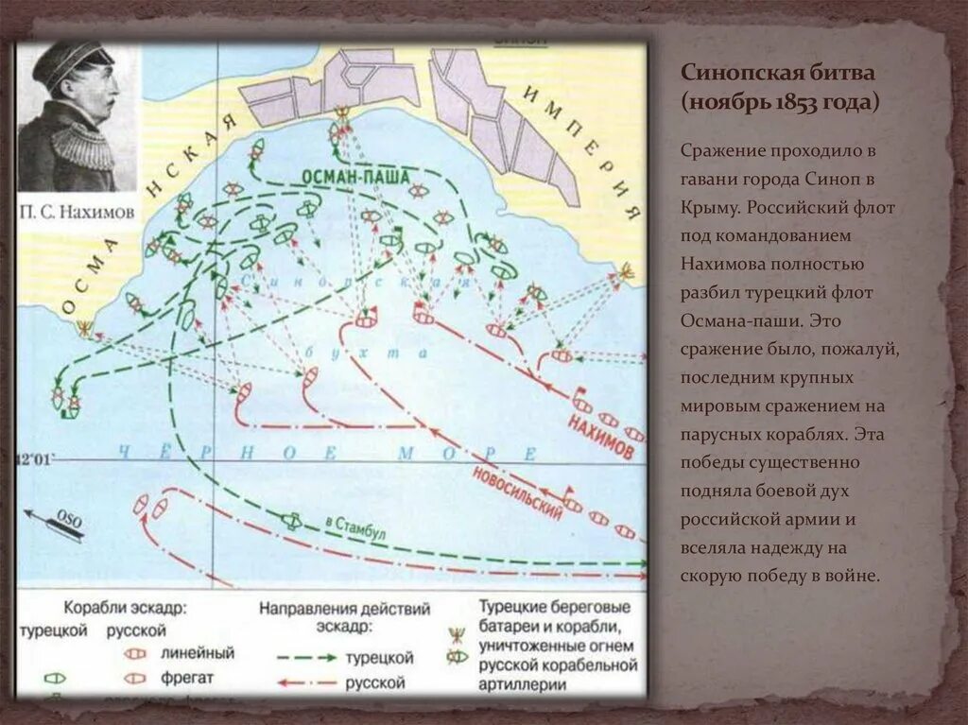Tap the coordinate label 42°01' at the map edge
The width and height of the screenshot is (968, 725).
35,458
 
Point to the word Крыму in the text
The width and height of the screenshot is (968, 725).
710,206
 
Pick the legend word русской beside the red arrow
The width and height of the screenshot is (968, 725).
377,682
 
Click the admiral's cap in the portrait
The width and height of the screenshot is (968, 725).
71,59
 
